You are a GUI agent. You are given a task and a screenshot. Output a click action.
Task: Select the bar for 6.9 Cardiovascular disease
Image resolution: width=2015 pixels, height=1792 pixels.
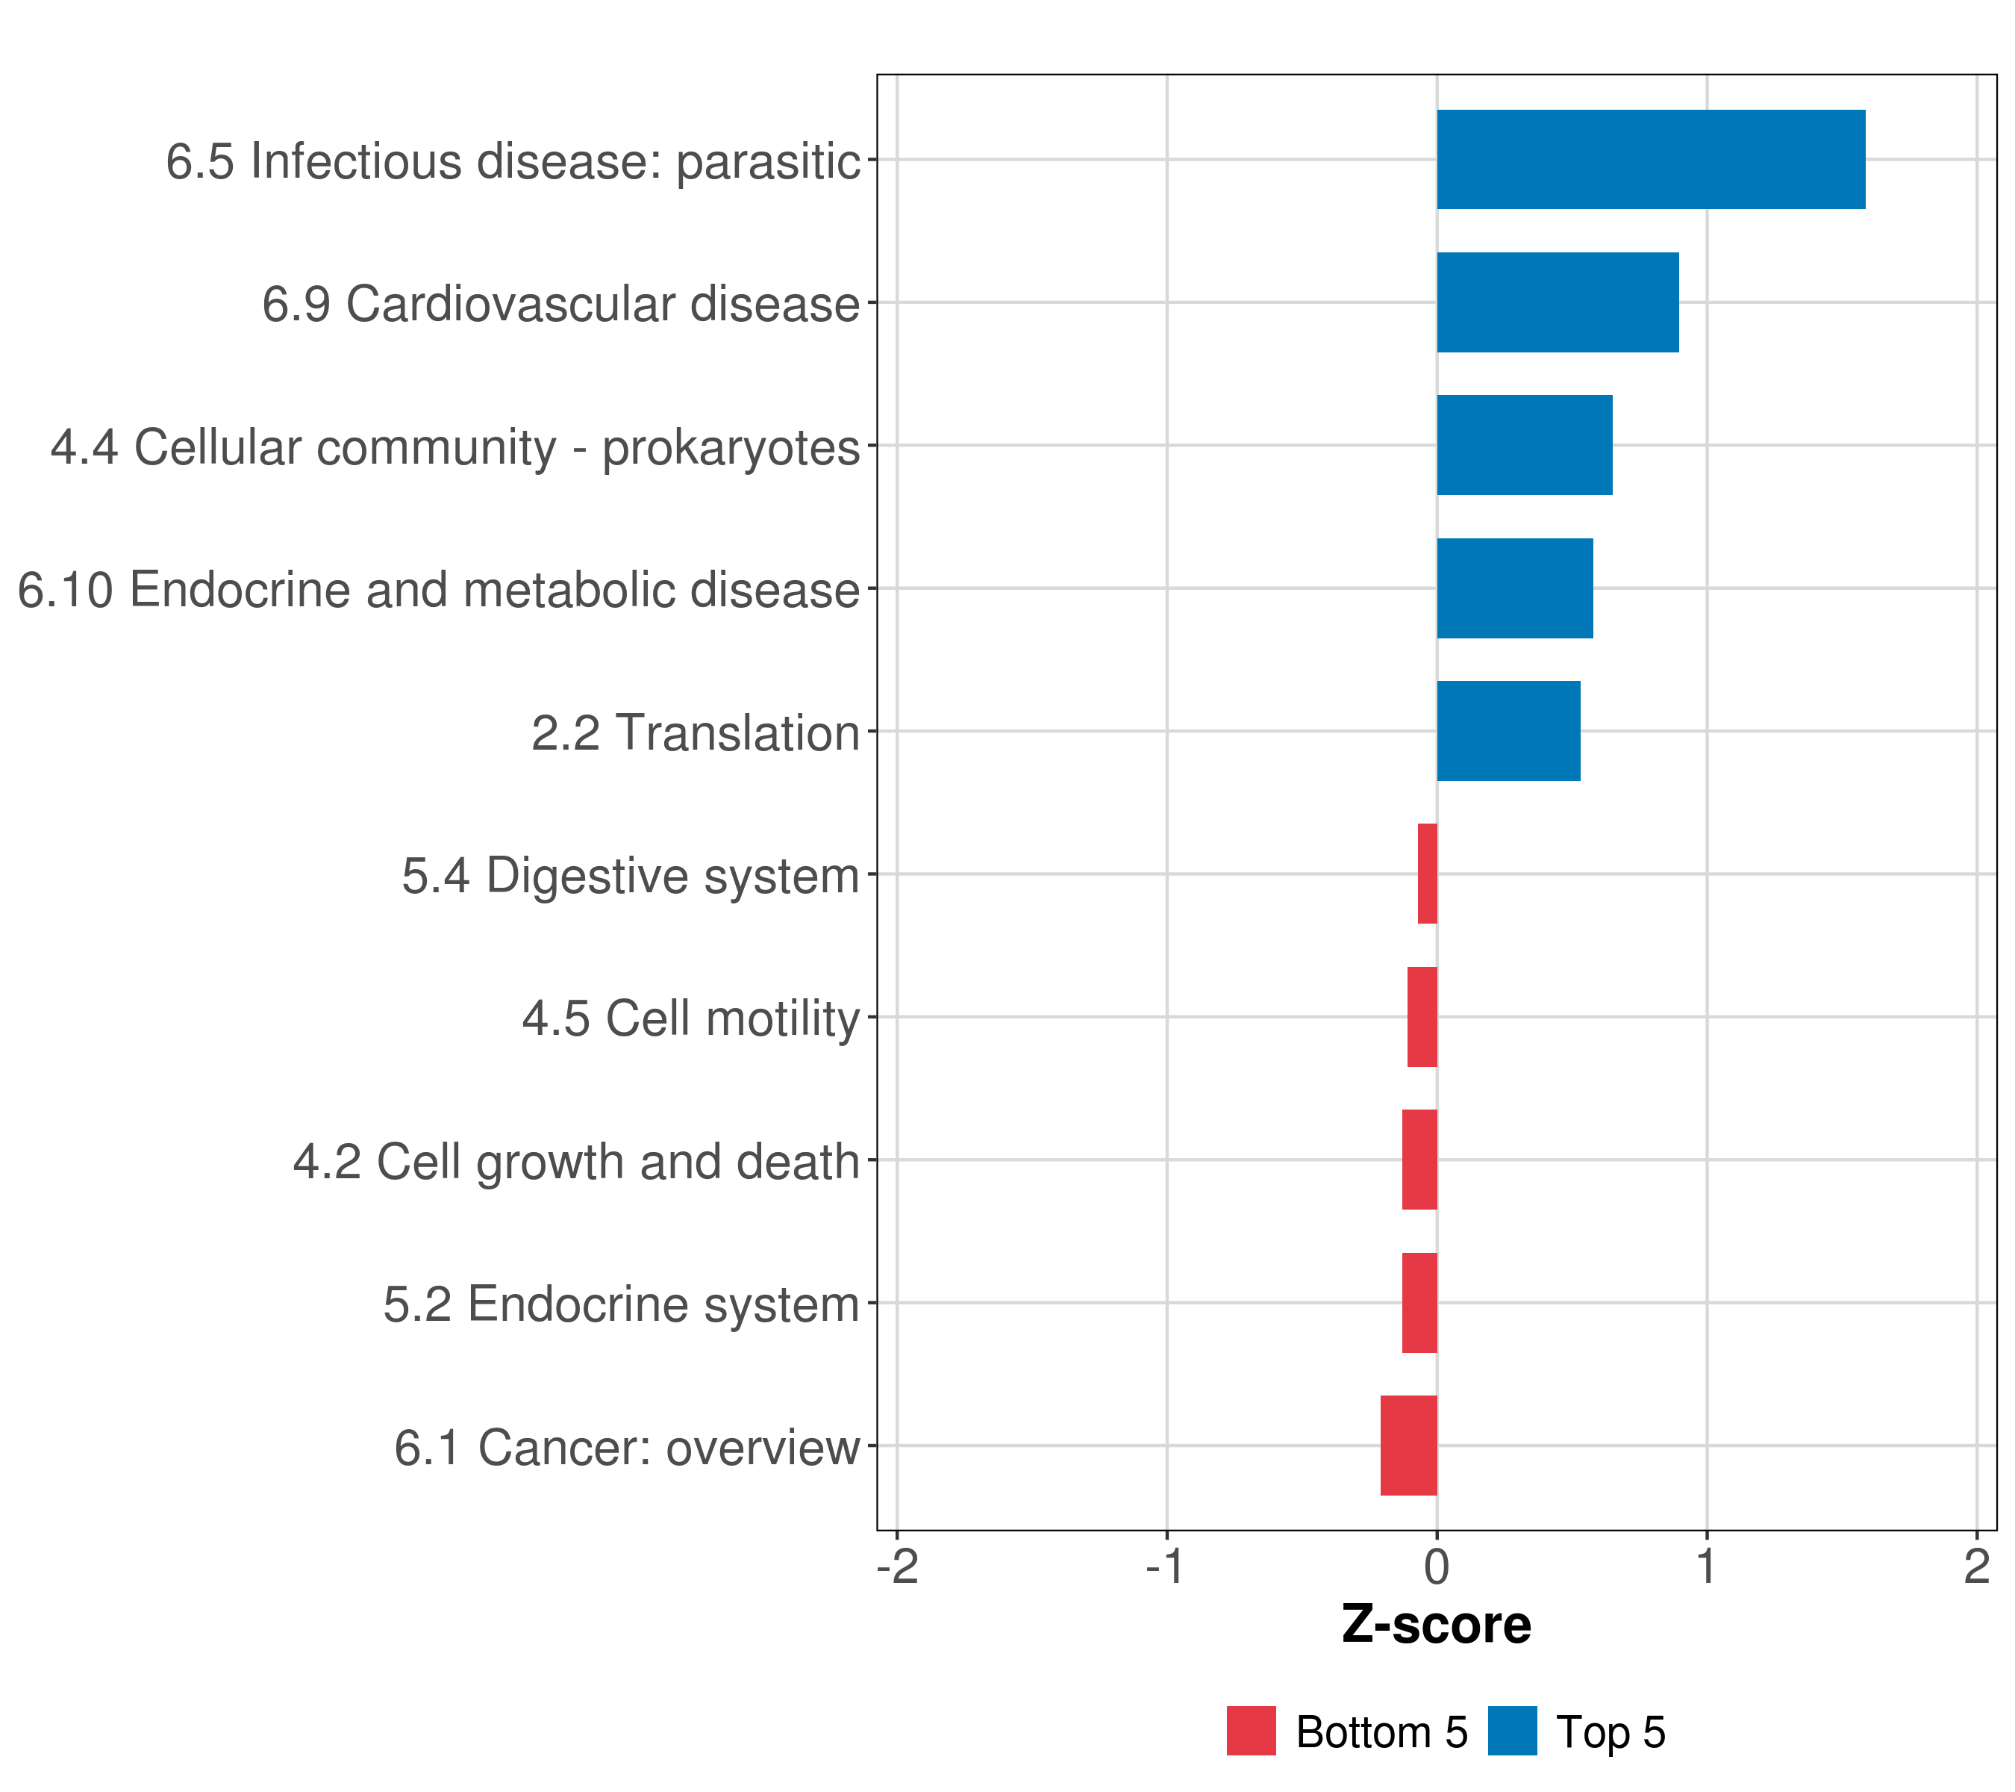tap(1558, 303)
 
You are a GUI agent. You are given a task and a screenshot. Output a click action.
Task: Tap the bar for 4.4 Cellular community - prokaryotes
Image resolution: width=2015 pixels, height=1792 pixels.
tap(1524, 445)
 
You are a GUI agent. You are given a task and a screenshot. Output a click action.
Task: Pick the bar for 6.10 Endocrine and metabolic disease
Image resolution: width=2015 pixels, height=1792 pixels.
tap(1514, 589)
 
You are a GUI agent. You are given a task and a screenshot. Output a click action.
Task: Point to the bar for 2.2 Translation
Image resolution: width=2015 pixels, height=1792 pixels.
tap(1508, 731)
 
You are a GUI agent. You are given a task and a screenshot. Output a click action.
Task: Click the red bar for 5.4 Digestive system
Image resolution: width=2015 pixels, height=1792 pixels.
tap(1428, 874)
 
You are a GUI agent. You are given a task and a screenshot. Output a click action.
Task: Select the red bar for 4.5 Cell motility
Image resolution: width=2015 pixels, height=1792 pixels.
tap(1422, 1017)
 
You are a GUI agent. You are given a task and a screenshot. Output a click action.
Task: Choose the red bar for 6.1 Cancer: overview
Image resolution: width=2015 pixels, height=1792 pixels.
tap(1409, 1446)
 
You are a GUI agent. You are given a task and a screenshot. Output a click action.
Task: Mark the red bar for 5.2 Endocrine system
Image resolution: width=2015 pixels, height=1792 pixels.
tap(1419, 1303)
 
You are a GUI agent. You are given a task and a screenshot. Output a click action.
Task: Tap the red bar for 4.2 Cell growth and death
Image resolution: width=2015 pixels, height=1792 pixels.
tap(1419, 1160)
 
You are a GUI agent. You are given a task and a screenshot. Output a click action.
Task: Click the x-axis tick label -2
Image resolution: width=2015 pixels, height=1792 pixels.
tap(897, 1567)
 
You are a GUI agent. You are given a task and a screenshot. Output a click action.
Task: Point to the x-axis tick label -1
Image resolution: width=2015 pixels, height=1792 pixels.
tap(1166, 1567)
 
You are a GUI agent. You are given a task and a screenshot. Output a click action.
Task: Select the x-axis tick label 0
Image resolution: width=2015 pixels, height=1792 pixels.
tap(1437, 1567)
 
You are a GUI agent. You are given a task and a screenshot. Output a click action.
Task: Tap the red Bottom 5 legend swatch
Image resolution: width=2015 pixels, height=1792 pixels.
tap(1251, 1731)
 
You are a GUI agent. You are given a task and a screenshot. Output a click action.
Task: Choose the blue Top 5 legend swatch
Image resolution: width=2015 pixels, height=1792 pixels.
tap(1512, 1731)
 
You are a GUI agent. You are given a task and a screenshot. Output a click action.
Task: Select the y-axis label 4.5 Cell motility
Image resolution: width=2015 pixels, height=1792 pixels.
tap(691, 1018)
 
